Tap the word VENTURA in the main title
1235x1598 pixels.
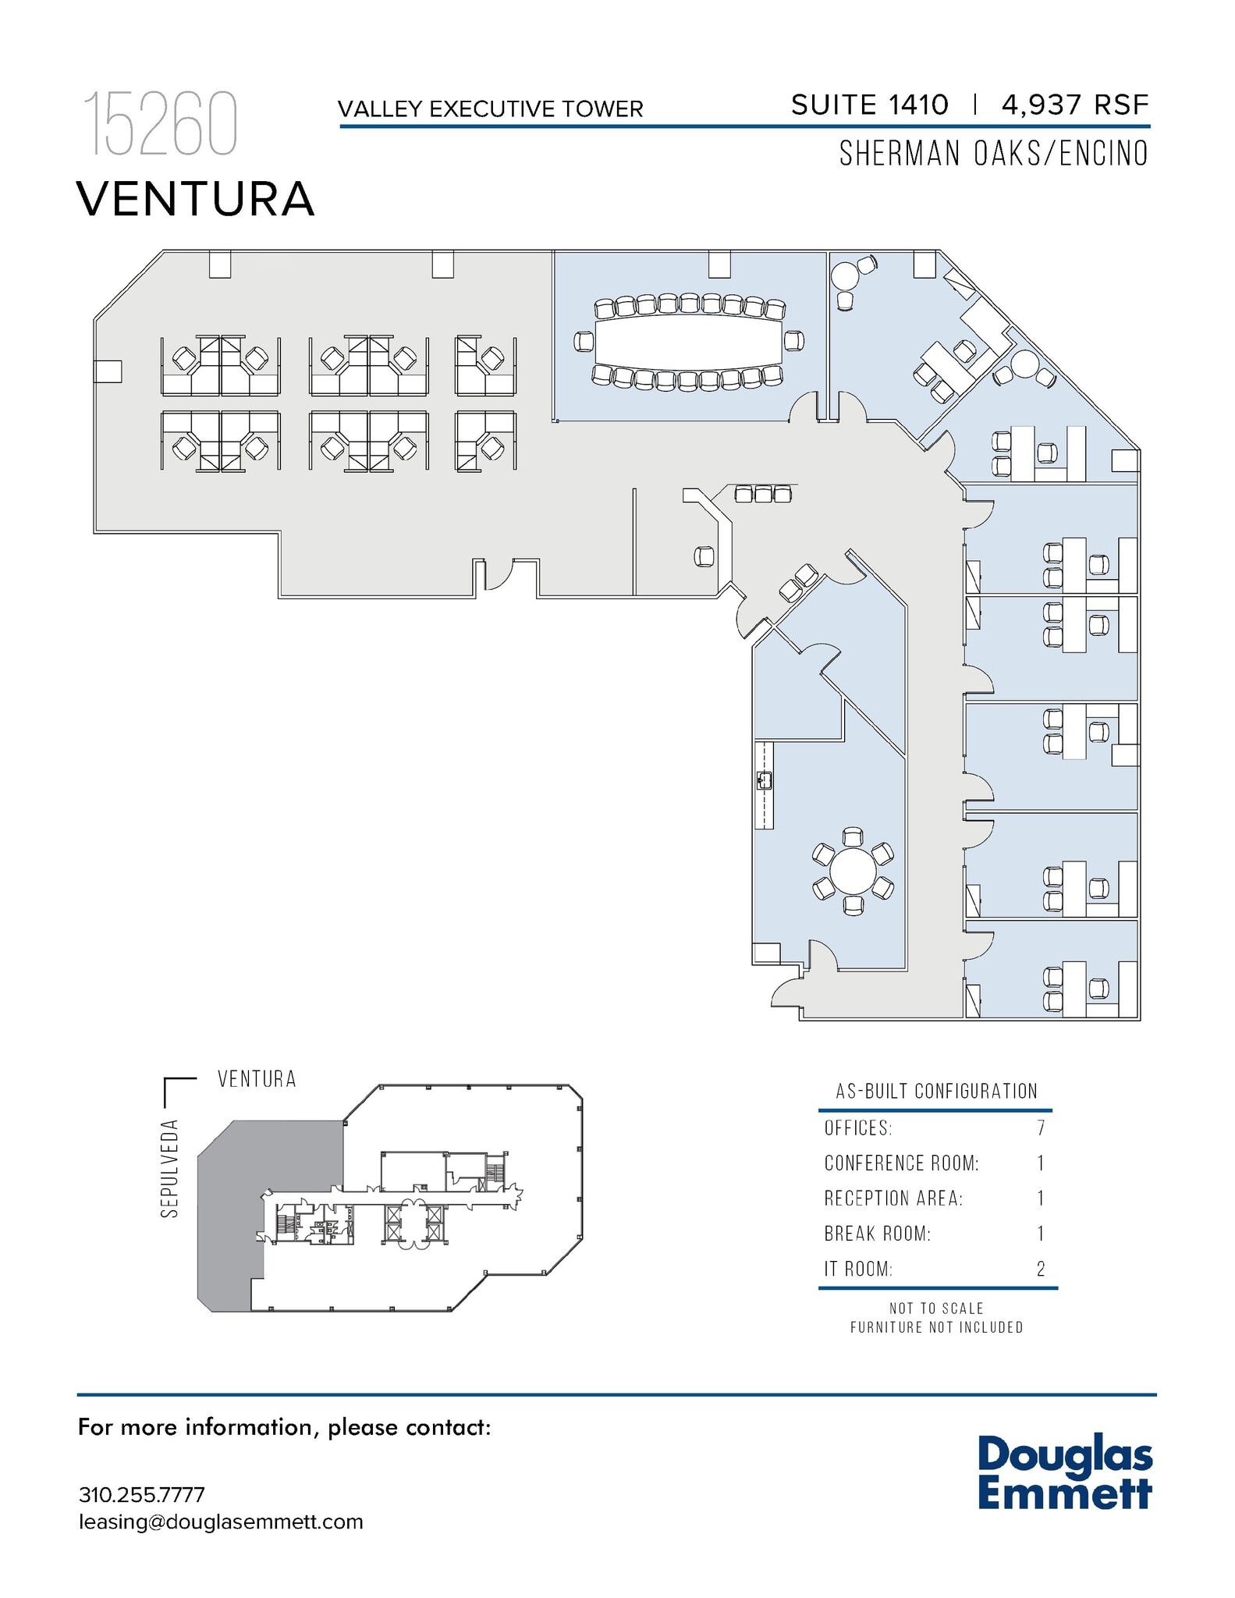[x=195, y=199]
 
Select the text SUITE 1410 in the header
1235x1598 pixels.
[x=869, y=105]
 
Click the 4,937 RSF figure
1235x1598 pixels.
[x=1075, y=105]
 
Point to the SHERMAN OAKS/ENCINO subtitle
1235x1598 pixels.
[x=993, y=154]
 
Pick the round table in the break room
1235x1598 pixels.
[x=853, y=871]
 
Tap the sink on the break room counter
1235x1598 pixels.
[x=764, y=780]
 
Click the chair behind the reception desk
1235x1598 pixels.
[x=704, y=556]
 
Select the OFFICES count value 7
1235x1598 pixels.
[x=1040, y=1128]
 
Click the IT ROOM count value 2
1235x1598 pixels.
[x=1040, y=1270]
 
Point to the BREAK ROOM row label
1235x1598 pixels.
[x=877, y=1234]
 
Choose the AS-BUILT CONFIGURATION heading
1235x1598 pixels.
[x=936, y=1091]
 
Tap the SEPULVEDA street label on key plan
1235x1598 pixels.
[x=170, y=1168]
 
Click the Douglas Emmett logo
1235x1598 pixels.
[x=1064, y=1474]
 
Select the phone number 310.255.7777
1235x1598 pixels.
[x=141, y=1495]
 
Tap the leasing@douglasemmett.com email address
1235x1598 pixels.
[x=221, y=1522]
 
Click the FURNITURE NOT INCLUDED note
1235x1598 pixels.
[x=936, y=1327]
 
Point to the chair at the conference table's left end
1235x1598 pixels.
[x=584, y=341]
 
